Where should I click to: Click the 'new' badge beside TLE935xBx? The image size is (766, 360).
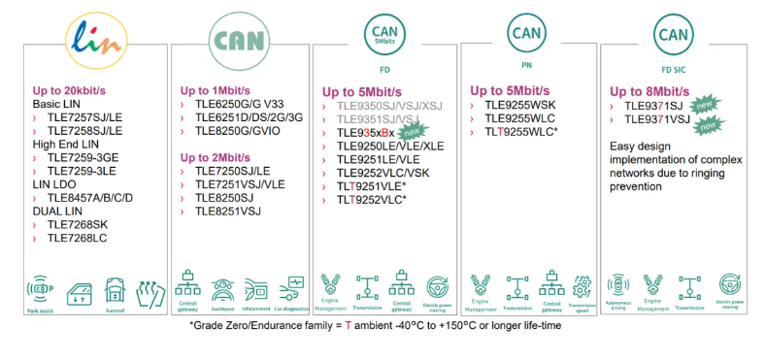[412, 130]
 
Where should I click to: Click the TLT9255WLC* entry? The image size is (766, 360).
[522, 131]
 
